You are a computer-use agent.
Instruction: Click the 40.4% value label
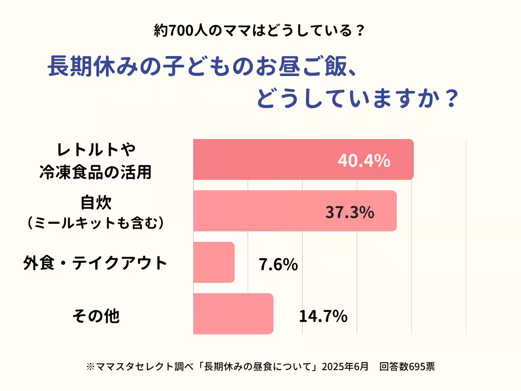364,161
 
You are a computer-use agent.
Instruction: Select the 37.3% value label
350,212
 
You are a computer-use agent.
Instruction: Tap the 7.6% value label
278,264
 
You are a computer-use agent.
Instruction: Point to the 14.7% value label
323,316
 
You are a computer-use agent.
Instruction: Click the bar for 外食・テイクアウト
214,262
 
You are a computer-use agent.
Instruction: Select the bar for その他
233,314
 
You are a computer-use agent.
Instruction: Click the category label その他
96,316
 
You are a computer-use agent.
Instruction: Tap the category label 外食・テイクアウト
95,263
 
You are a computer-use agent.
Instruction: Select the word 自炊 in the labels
96,203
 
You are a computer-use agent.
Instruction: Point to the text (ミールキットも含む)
96,222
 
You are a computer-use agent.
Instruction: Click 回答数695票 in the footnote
407,366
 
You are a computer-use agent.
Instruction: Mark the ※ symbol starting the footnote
90,367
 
